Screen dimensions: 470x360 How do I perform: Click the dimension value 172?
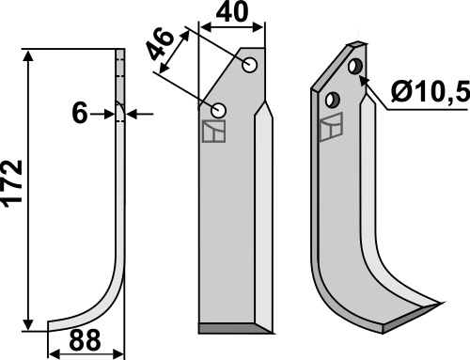(x=12, y=184)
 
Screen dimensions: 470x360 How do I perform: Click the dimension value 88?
(x=85, y=340)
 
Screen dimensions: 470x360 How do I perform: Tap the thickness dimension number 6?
(x=80, y=114)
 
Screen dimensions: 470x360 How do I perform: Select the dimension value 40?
(x=232, y=12)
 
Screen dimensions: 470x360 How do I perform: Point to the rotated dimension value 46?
(x=161, y=44)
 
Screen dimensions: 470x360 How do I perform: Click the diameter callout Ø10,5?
(x=431, y=91)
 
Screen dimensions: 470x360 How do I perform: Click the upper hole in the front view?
(x=250, y=66)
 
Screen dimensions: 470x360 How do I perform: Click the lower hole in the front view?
(x=218, y=111)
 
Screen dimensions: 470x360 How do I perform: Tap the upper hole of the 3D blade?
(x=355, y=67)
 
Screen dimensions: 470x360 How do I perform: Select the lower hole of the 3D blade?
(x=333, y=100)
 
